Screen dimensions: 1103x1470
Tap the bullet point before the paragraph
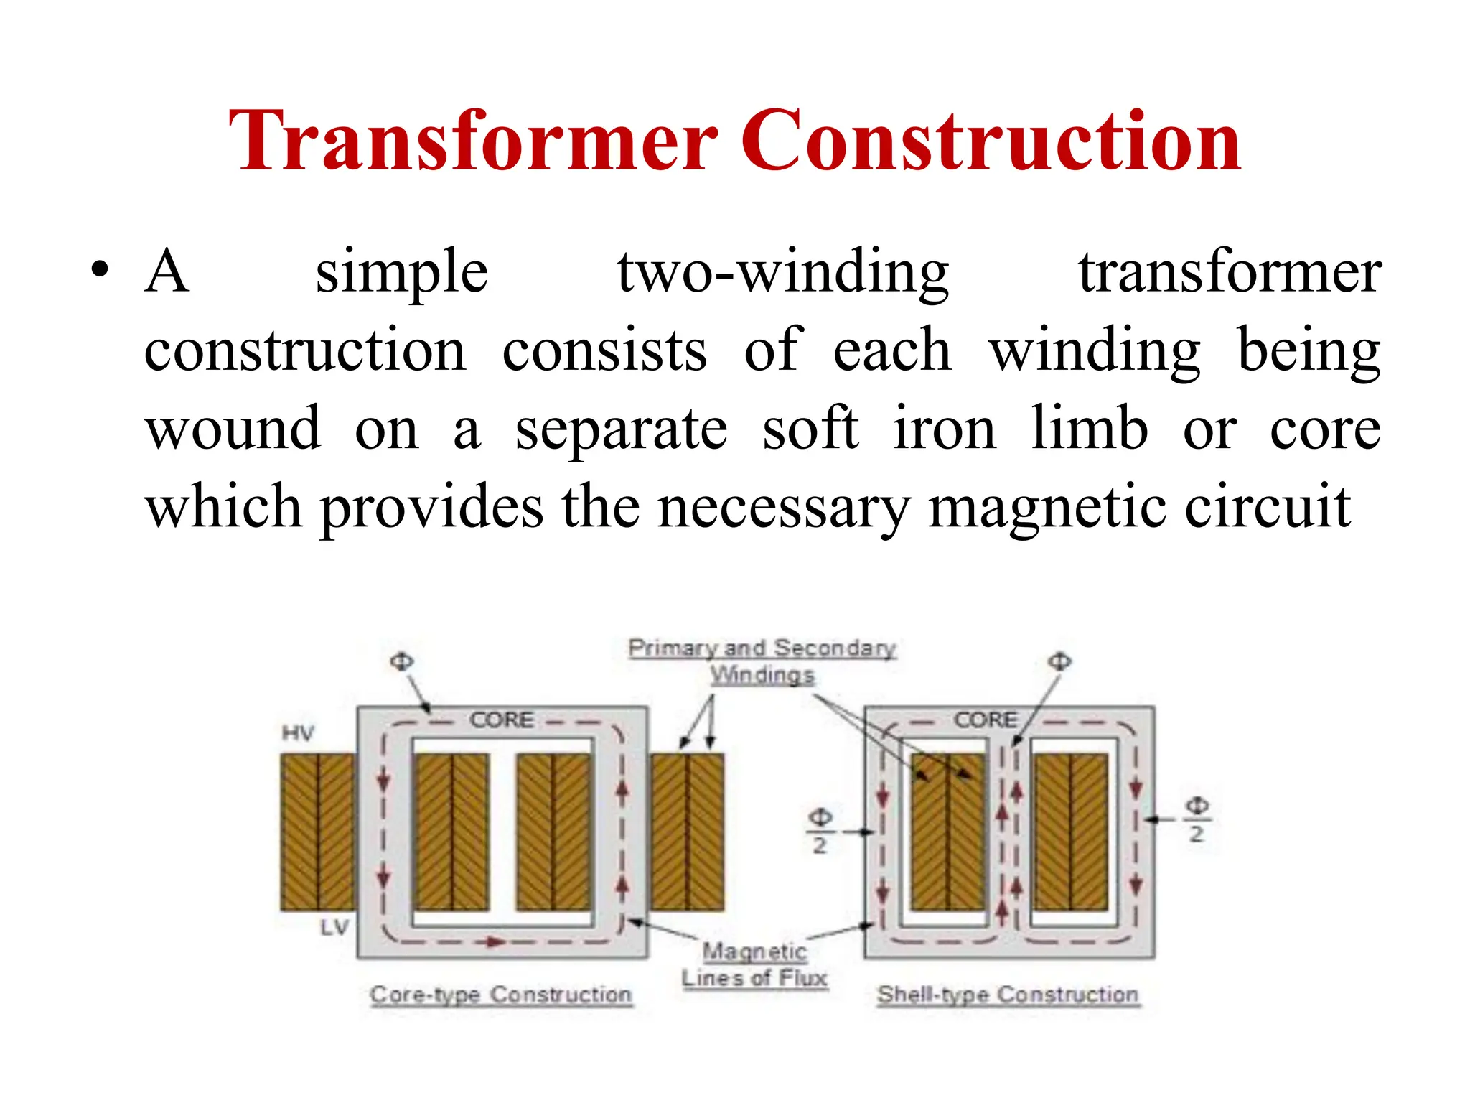tap(100, 271)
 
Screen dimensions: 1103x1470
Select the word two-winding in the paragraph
tap(782, 273)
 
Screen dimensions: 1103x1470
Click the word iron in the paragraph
tap(944, 429)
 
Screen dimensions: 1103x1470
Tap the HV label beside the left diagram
tap(298, 733)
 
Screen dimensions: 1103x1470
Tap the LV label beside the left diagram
tap(334, 927)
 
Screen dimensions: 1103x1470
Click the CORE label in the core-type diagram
tap(501, 720)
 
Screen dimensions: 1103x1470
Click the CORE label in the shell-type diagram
tap(985, 720)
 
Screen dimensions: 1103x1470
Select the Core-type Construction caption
tap(501, 995)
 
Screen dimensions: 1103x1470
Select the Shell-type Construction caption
tap(1008, 995)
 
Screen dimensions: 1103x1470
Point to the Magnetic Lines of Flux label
tap(755, 964)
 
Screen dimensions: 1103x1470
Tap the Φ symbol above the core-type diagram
tap(401, 661)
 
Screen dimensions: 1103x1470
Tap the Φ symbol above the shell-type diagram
tap(1059, 661)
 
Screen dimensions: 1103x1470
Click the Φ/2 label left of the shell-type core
tap(820, 831)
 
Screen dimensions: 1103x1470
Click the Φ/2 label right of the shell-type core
tap(1197, 819)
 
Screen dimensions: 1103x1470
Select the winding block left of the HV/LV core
tap(318, 832)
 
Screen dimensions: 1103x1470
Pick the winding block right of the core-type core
tap(688, 832)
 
